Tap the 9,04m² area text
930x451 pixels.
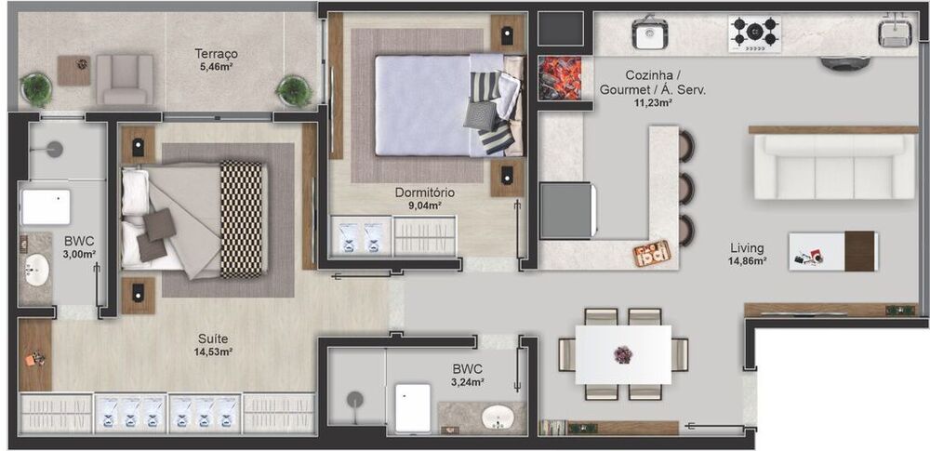coord(418,206)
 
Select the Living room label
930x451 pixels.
coord(747,248)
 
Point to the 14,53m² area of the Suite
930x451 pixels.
coord(213,352)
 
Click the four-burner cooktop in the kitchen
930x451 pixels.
coord(754,33)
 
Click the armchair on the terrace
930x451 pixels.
coord(124,79)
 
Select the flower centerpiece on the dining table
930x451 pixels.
coord(622,353)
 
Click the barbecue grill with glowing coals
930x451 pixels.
coord(560,77)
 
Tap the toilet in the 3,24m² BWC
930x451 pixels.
coord(412,407)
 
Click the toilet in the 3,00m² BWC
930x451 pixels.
coord(46,206)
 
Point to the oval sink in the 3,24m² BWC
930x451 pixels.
coord(503,417)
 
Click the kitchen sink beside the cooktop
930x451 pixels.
coord(648,35)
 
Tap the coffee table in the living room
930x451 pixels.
coord(832,250)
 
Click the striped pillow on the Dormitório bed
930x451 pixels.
coord(496,139)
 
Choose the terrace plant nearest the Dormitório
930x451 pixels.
coord(292,90)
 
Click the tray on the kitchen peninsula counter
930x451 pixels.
coord(651,252)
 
